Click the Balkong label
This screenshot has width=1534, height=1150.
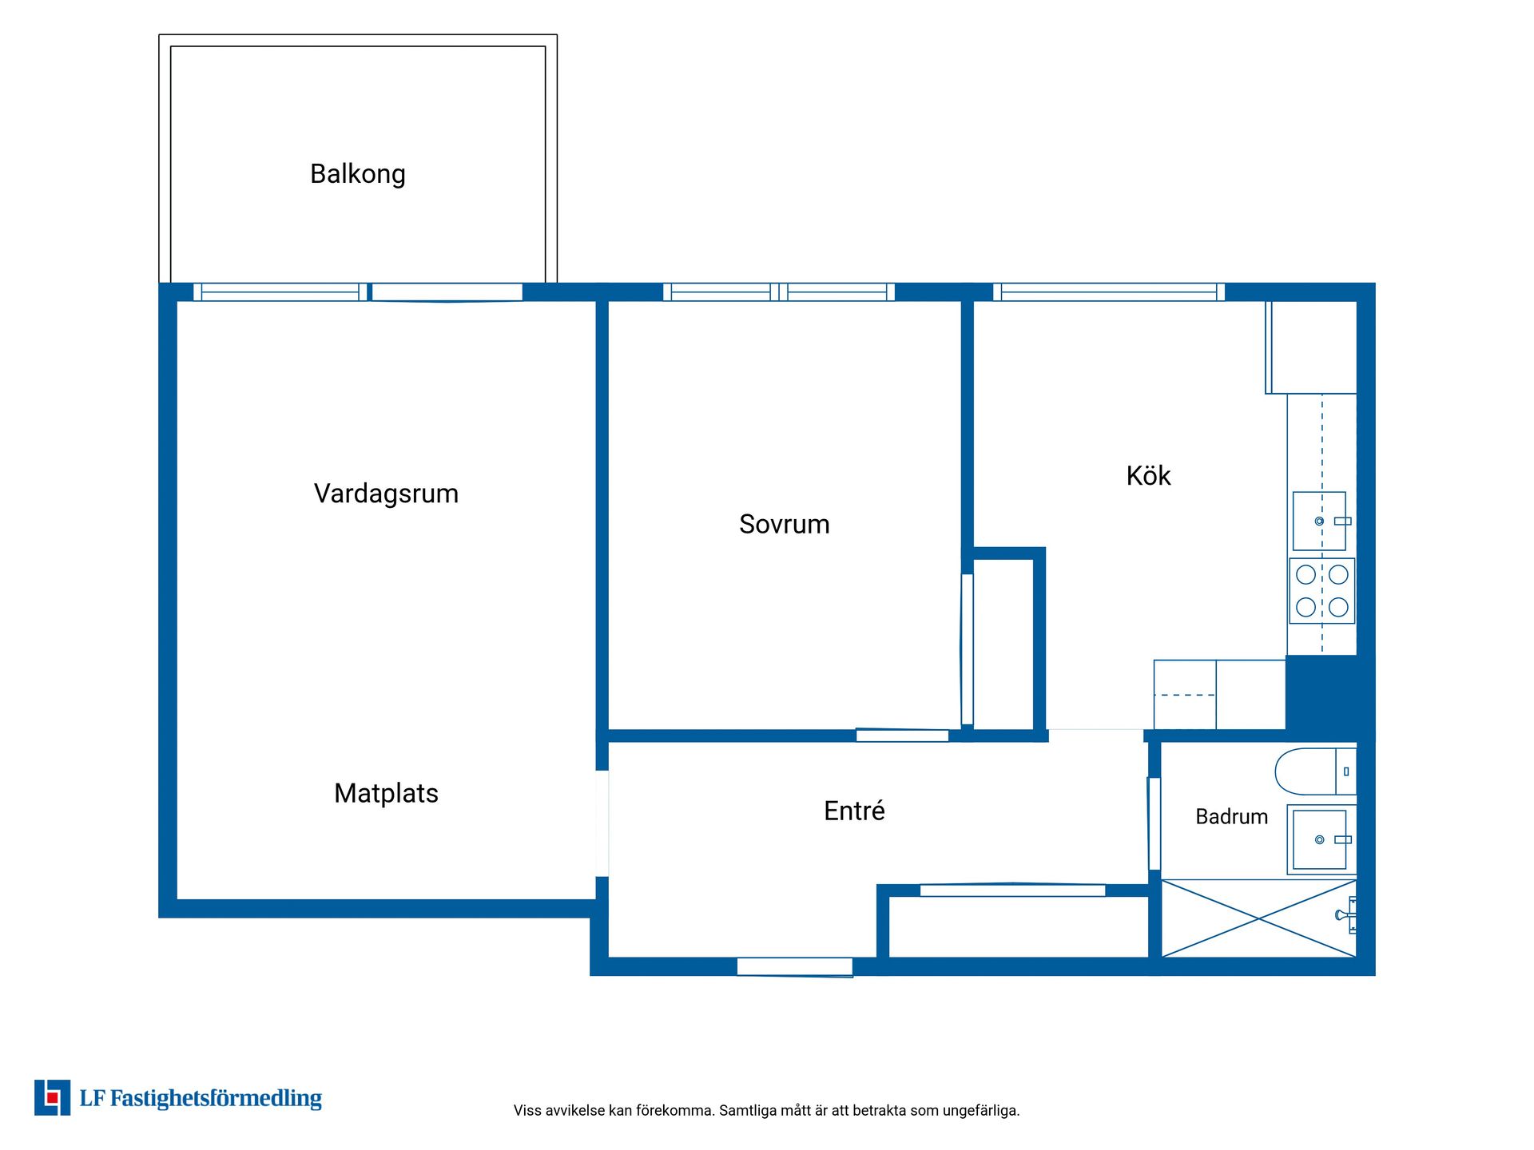click(x=358, y=174)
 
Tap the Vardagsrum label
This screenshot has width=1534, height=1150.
click(x=386, y=494)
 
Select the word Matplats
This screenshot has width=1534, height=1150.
click(x=386, y=793)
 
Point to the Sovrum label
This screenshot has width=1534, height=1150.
click(x=784, y=524)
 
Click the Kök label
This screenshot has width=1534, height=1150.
click(x=1148, y=475)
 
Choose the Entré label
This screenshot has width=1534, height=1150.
click(x=854, y=811)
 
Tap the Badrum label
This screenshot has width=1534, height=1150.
click(x=1231, y=816)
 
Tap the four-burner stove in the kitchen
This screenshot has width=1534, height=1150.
click(x=1321, y=590)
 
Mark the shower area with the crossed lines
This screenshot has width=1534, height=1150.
click(x=1258, y=918)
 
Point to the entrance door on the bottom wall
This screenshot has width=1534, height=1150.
click(x=795, y=967)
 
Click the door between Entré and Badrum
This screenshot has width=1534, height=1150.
click(x=1154, y=823)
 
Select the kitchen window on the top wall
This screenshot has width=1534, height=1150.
click(x=1109, y=292)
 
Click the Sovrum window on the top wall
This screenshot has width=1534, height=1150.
click(x=779, y=292)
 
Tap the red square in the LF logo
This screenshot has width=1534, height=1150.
click(x=52, y=1097)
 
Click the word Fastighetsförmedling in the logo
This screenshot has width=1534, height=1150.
click(x=216, y=1099)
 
